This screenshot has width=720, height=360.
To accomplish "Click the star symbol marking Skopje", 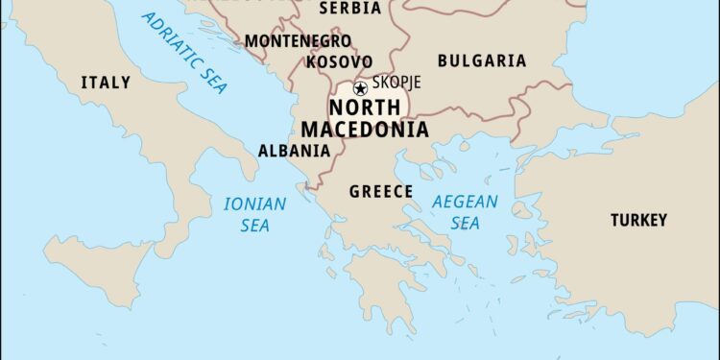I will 361,87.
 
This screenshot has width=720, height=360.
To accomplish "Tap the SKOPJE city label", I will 396,83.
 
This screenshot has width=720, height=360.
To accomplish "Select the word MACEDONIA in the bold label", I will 365,130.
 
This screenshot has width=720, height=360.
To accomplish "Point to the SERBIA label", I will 349,9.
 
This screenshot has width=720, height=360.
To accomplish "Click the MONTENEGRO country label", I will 298,41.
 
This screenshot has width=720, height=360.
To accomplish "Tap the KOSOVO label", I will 339,61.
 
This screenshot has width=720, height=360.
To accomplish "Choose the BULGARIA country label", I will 481,60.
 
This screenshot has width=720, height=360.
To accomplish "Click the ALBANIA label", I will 294,151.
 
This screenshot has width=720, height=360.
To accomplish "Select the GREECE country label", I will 380,191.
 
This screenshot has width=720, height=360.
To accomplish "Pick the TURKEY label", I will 638,220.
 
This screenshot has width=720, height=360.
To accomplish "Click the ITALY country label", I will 106,83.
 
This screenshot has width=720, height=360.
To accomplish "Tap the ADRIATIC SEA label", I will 185,52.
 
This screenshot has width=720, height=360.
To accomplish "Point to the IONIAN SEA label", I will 254,214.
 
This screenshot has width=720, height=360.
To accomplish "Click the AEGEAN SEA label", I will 465,212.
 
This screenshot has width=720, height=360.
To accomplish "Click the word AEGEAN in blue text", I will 465,202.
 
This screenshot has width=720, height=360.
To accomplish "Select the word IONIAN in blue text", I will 254,204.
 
